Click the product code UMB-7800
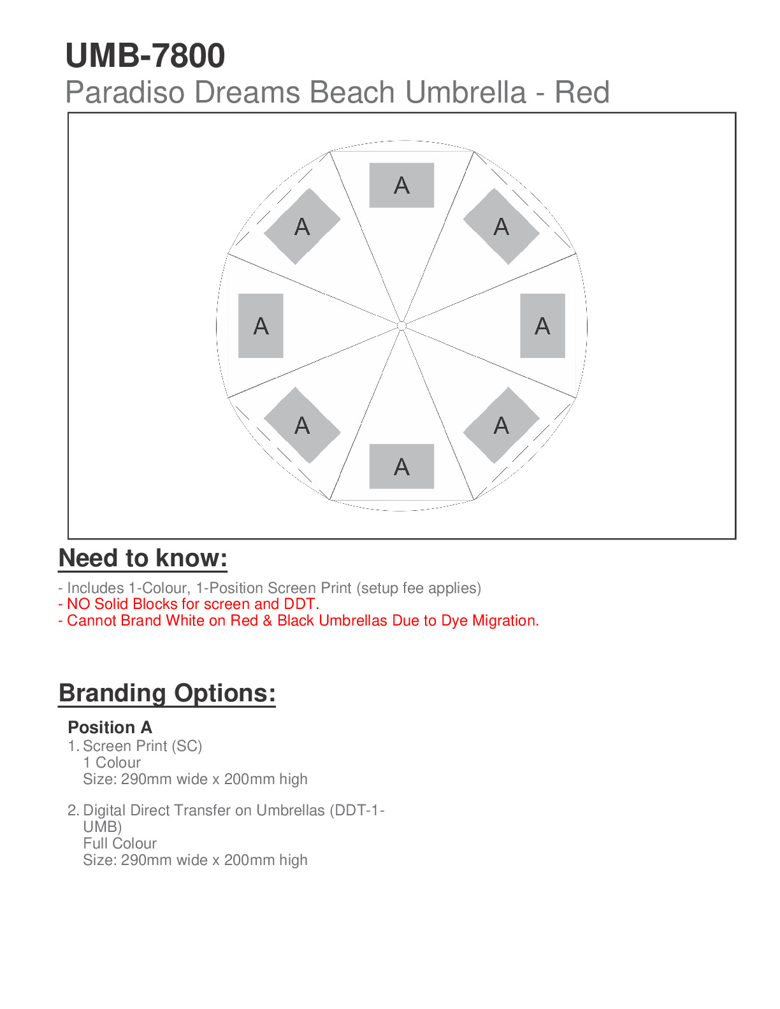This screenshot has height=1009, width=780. click(145, 56)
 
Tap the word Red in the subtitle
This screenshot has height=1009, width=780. click(582, 93)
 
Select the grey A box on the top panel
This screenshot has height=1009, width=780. click(401, 185)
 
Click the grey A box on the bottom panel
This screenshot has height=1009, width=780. click(401, 466)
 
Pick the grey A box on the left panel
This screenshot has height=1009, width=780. click(261, 326)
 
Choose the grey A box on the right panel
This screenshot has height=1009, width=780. click(542, 326)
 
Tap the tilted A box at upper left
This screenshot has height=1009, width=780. click(302, 226)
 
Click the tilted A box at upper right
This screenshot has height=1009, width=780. click(502, 226)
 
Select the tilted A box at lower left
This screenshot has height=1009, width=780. click(302, 425)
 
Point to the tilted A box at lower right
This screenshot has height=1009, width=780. click(502, 425)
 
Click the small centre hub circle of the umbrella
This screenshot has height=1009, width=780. click(401, 326)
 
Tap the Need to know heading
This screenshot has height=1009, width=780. click(143, 558)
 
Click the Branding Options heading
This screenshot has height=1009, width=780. click(167, 693)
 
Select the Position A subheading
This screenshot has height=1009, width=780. click(110, 727)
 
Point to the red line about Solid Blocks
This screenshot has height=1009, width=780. click(189, 604)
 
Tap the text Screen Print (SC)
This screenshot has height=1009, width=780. click(142, 746)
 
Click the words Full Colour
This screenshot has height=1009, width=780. click(120, 843)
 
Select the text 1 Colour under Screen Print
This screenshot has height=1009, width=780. click(112, 762)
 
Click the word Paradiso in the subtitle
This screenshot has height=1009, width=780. click(126, 93)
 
